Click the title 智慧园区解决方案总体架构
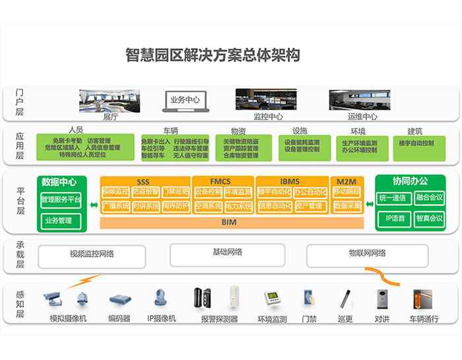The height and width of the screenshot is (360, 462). tap(213, 55)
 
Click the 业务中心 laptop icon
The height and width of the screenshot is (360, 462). tap(185, 101)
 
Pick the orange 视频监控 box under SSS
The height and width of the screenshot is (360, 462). tap(115, 192)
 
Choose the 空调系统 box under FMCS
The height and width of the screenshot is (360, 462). tap(208, 206)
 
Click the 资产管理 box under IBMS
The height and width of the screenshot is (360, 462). tap(309, 206)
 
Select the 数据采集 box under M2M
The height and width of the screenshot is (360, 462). tap(347, 206)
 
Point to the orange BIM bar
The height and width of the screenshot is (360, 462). tap(230, 223)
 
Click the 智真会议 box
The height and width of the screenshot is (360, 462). tap(430, 218)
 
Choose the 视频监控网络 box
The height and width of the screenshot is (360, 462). tap(92, 255)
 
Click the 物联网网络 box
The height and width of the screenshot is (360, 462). tap(368, 255)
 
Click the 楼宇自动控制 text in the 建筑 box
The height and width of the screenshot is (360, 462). tap(417, 143)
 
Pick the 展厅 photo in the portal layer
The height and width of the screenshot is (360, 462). tap(110, 101)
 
